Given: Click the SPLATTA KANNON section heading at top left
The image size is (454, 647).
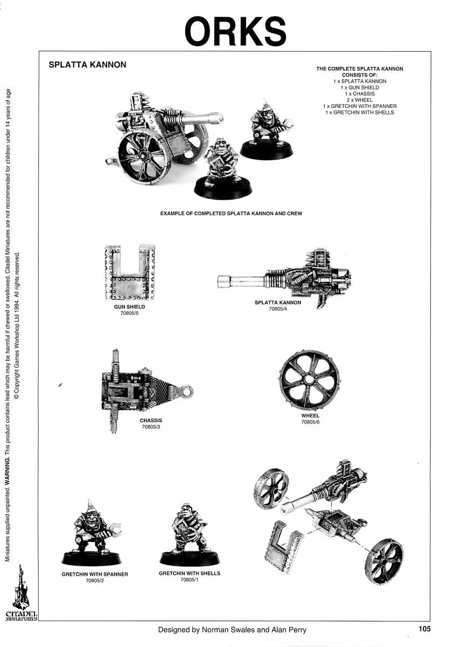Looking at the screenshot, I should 87,65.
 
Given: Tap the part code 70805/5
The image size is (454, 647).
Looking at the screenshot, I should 129,313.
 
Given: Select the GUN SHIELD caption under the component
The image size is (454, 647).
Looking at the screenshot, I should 129,307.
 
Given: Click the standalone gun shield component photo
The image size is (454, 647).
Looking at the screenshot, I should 130,272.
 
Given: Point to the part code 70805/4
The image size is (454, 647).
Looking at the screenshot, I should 278,309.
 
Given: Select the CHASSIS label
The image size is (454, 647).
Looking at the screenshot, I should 151,421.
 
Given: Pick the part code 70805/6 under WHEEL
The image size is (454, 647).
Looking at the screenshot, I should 310,422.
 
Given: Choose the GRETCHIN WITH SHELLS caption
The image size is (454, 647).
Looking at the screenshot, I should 190,574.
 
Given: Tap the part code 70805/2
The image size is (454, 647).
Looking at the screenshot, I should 95,581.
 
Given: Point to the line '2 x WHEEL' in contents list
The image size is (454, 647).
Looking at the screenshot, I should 360,100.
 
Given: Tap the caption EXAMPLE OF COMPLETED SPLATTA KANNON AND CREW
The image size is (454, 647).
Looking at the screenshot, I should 231,214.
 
